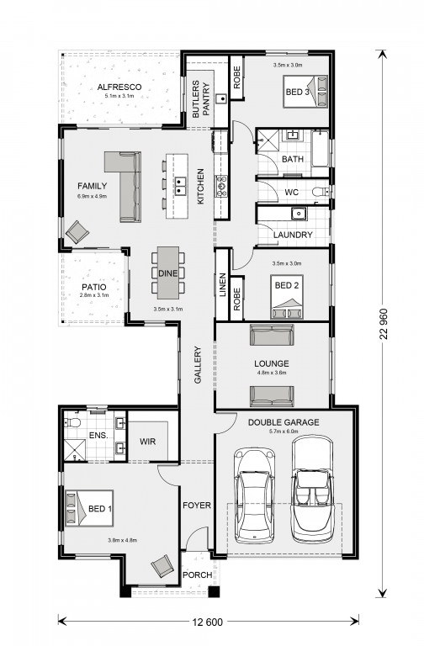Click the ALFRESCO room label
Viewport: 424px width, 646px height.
[x=119, y=87]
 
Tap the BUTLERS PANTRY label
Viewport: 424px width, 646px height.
[x=201, y=99]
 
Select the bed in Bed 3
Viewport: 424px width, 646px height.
[x=305, y=92]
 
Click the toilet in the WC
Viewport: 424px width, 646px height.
[x=320, y=192]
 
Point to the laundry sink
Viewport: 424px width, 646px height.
[x=299, y=213]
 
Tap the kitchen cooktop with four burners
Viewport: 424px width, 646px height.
[x=222, y=185]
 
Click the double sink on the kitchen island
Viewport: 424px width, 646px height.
[x=181, y=185]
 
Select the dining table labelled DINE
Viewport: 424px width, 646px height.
[x=168, y=273]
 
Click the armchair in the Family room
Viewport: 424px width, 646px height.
[x=77, y=232]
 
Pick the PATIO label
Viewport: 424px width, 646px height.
[x=94, y=287]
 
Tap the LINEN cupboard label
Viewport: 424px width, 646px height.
[x=223, y=284]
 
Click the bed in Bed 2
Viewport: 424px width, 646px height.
[x=287, y=297]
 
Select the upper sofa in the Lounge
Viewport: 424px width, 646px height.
[x=272, y=335]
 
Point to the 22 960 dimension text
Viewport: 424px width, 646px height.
[x=384, y=324]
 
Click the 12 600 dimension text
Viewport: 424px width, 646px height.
[x=207, y=622]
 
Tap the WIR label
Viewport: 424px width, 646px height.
[x=147, y=442]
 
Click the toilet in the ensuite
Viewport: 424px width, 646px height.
[x=73, y=422]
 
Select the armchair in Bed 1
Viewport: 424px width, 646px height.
[x=162, y=566]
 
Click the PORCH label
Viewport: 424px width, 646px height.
[x=198, y=575]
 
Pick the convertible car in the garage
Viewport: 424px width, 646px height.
[x=312, y=489]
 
